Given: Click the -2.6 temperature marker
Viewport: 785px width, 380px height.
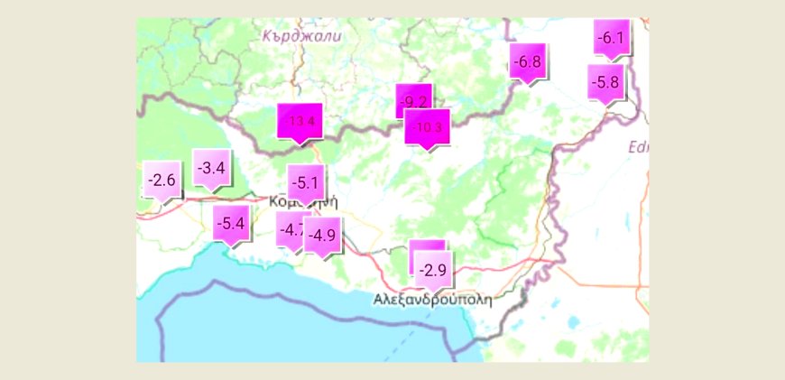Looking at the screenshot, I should pos(162,181).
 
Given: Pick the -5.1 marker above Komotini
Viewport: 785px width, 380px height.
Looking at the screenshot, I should pos(305,183).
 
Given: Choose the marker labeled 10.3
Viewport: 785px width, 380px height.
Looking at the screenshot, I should pos(428,128).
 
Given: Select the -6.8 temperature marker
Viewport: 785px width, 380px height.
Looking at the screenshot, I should pos(526,62).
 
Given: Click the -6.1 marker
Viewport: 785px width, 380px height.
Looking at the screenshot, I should pos(611,38).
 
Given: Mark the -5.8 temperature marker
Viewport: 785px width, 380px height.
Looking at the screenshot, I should pos(605,82).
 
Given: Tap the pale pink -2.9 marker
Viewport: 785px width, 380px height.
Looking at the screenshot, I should pos(434,269).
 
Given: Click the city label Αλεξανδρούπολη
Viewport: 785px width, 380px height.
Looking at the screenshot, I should pos(432,300).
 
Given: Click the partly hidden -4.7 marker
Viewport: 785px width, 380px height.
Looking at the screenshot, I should pos(291,229).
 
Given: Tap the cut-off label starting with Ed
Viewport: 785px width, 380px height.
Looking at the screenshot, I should pos(638,146).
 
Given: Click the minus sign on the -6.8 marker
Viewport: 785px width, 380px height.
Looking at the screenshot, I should pos(514,63).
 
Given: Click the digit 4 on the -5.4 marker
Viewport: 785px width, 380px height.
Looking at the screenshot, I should pos(240,223).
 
